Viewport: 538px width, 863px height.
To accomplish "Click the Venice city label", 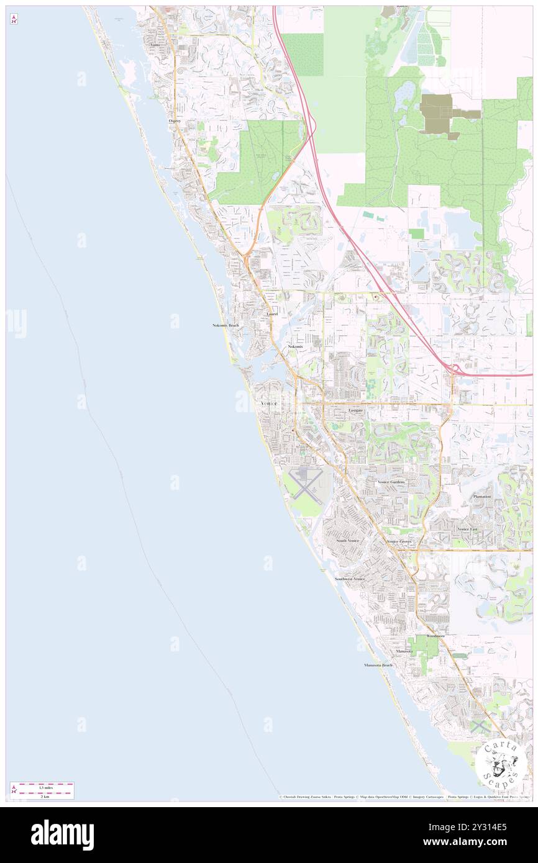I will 269,403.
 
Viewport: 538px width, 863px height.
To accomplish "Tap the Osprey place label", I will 175,121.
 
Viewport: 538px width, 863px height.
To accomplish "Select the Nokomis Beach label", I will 225,325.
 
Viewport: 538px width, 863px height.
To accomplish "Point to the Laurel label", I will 271,314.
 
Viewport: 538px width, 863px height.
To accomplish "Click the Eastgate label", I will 355,410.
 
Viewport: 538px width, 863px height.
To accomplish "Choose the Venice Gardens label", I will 391,482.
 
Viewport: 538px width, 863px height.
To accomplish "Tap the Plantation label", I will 482,497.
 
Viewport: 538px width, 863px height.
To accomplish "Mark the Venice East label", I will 467,529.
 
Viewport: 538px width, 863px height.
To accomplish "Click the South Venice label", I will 348,541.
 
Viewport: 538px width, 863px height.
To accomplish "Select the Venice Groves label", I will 399,541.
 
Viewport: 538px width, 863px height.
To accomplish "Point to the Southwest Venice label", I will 350,579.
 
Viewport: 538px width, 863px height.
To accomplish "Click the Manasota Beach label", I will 378,665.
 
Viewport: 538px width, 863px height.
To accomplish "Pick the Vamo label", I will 155,45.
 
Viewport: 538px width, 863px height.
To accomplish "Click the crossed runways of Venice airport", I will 304,486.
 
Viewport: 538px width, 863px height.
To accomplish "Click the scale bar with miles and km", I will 42,791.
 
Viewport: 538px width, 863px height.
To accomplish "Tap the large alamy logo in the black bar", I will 62,834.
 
